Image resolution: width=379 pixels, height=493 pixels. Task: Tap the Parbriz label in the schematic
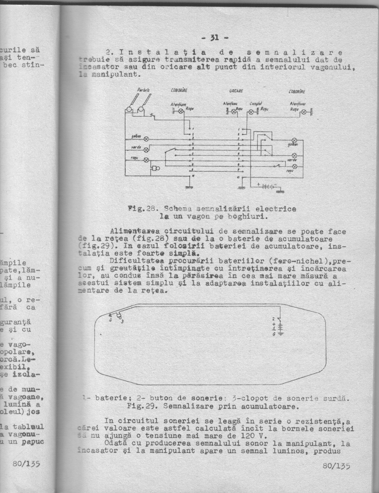point(144,90)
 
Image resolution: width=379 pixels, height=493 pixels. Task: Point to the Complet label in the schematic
point(256,103)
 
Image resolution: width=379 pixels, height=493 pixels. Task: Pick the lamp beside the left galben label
point(146,139)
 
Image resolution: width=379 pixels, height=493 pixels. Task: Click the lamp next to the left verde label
point(146,150)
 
